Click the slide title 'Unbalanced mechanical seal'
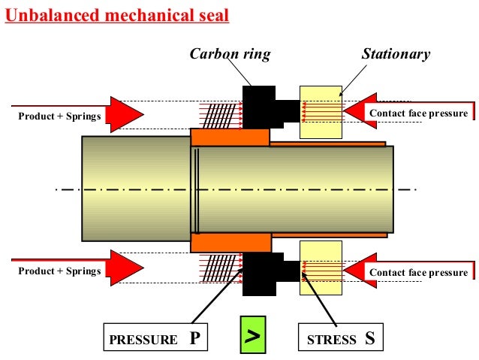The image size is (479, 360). click(x=117, y=15)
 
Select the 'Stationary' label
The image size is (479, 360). click(x=396, y=54)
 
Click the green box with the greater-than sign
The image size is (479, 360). click(x=254, y=337)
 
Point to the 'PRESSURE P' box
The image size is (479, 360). click(x=155, y=338)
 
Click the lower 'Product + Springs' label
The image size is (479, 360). click(x=59, y=271)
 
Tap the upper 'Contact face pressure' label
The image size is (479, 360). click(x=417, y=113)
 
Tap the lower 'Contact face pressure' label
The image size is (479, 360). click(x=417, y=271)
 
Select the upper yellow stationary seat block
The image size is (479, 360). click(x=321, y=111)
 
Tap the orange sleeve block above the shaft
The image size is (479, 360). click(x=230, y=138)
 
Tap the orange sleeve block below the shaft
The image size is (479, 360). click(x=230, y=242)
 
